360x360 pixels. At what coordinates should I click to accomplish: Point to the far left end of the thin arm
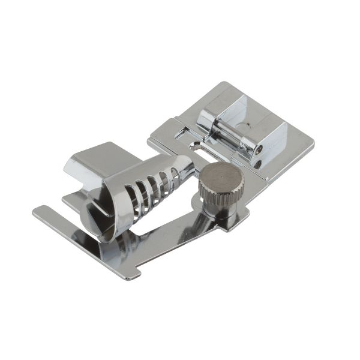click(x=37, y=211)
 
